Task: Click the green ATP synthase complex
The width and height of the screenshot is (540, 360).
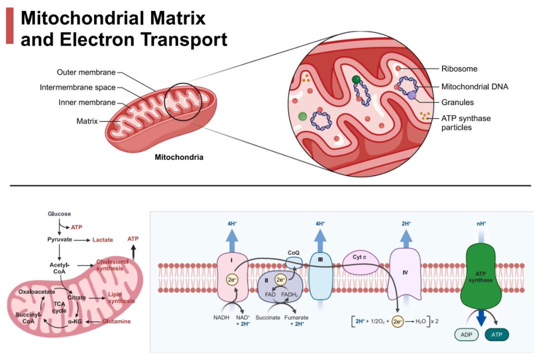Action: [483, 277]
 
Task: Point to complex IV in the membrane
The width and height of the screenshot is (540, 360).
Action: [405, 274]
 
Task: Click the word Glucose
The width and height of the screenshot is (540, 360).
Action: [59, 214]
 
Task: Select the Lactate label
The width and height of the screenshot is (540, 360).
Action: [102, 240]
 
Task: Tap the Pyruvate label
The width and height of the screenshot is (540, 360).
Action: [59, 240]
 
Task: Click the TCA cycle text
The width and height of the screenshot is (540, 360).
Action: [59, 307]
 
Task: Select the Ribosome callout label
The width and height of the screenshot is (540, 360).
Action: [459, 69]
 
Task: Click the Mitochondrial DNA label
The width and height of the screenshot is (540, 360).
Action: [474, 86]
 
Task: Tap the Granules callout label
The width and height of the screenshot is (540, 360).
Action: [457, 102]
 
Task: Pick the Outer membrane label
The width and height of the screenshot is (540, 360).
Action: [86, 72]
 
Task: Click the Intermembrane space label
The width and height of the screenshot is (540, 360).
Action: [77, 87]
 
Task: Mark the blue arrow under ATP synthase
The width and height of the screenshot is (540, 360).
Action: [483, 317]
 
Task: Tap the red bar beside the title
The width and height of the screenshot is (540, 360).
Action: [9, 26]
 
